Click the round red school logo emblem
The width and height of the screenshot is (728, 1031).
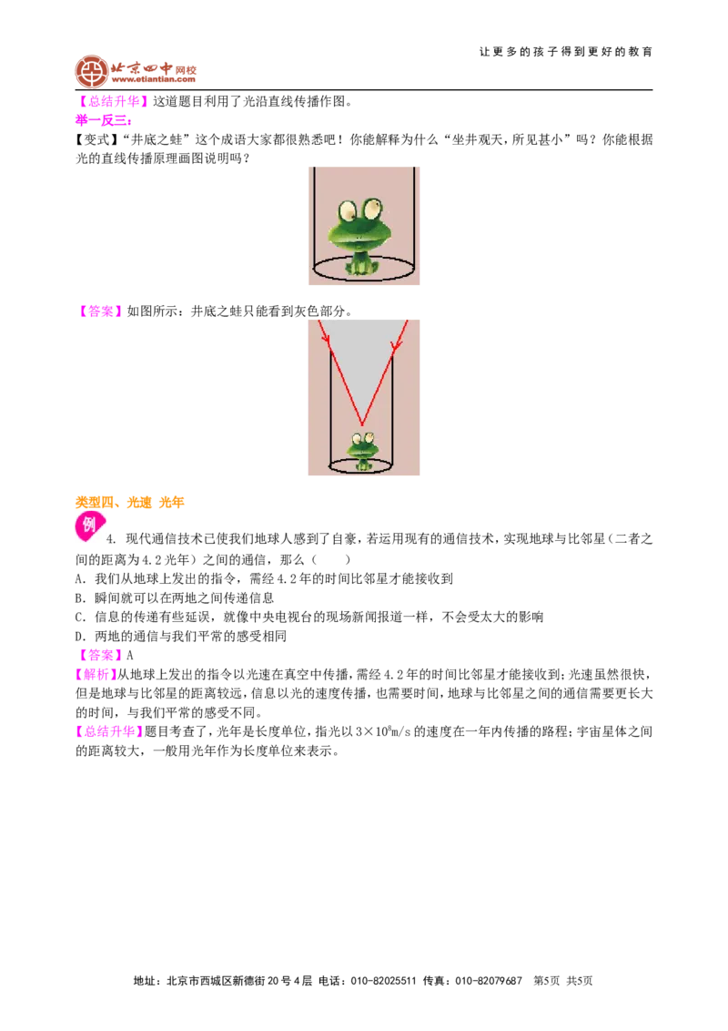pos(92,72)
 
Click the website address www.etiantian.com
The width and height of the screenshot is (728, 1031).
pos(153,79)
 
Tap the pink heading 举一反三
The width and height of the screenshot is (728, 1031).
pos(103,120)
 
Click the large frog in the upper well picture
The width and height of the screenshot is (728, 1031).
pos(363,234)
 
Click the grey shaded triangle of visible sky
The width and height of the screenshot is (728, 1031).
pos(360,362)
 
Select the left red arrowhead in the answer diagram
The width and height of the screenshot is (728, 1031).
pos(325,340)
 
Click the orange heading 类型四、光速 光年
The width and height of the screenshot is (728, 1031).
pos(129,503)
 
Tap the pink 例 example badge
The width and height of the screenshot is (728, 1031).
pos(89,526)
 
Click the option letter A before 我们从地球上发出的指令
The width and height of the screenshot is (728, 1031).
pos(80,578)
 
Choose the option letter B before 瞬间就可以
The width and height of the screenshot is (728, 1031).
pos(80,597)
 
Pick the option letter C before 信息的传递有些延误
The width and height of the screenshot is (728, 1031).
pos(80,617)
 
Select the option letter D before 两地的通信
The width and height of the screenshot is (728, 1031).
pos(80,636)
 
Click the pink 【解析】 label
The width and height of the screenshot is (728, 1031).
pos(96,674)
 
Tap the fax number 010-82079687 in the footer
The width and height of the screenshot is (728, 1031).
pos(489,981)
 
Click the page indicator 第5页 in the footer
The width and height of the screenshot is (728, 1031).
pos(547,981)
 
